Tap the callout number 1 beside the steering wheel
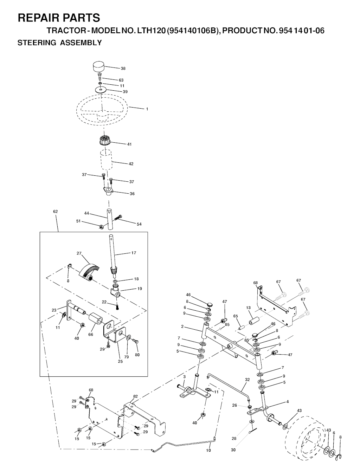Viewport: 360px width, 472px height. pos(147,109)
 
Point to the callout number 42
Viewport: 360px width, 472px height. pos(131,164)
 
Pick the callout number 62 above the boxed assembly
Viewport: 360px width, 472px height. pos(55,212)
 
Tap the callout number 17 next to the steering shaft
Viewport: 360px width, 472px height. pos(134,253)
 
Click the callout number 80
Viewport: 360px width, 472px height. pos(137,355)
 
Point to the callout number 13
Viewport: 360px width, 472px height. pos(249,308)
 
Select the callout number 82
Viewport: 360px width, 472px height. pos(135,396)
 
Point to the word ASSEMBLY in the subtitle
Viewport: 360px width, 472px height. pos(81,43)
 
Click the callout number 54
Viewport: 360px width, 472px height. pos(139,224)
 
